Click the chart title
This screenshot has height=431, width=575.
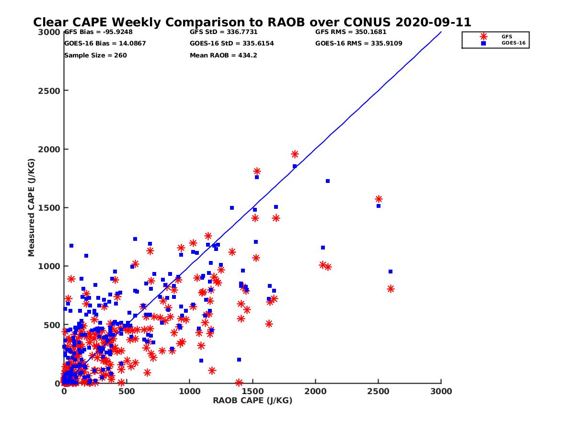(x=252, y=23)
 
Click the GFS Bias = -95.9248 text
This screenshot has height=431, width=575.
(x=98, y=33)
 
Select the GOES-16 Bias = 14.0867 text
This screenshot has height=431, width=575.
(x=105, y=44)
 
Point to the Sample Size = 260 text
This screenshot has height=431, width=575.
(x=95, y=55)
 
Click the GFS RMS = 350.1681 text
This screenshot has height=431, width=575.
(x=351, y=33)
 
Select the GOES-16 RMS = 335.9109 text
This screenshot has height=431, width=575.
(x=358, y=44)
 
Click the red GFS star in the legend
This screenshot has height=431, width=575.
(x=483, y=36)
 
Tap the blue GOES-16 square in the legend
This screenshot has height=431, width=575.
(x=483, y=43)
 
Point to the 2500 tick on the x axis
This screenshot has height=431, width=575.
(x=379, y=383)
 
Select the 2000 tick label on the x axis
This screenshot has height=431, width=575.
(x=315, y=391)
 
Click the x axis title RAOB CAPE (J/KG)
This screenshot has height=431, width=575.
(x=253, y=401)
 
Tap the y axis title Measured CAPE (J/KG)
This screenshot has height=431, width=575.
(x=32, y=208)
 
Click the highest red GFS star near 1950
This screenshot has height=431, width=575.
(x=295, y=154)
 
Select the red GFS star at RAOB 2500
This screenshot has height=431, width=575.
(x=379, y=199)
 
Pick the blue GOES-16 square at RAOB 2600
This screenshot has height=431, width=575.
(x=391, y=272)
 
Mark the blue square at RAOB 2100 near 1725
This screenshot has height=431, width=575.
(x=328, y=181)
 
